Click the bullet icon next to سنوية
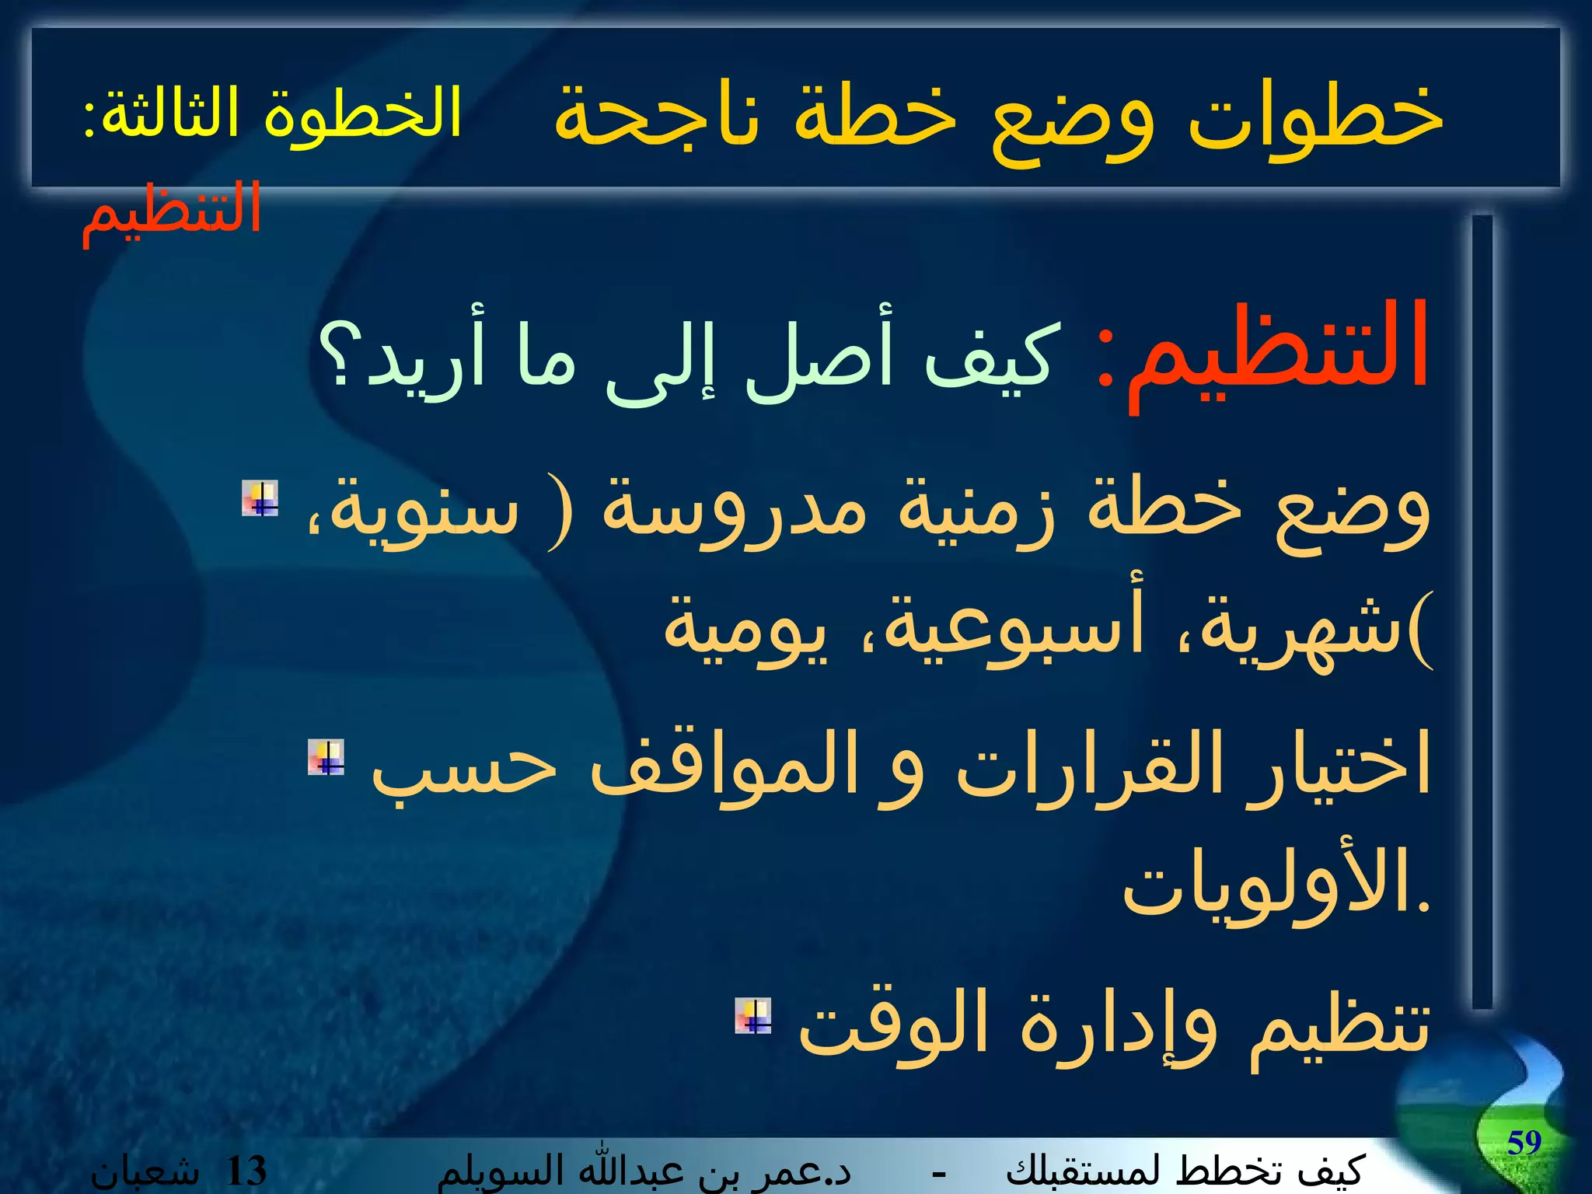260,498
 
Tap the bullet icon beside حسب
326,757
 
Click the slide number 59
1524,1143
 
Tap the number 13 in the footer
246,1171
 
